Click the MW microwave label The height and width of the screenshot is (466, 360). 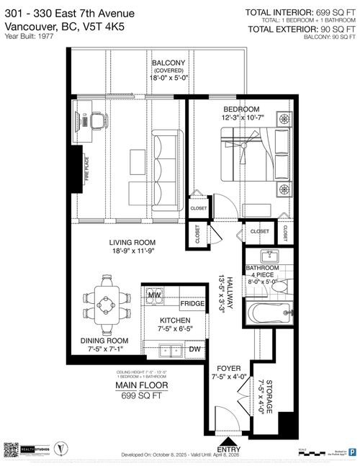(153, 295)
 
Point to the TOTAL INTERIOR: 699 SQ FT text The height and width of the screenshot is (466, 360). (300, 12)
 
